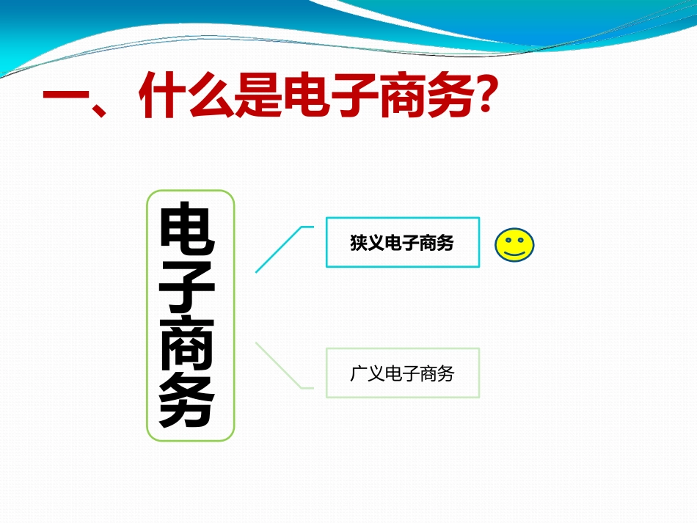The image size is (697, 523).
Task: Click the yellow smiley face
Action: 514,245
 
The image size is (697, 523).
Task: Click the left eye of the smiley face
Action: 507,239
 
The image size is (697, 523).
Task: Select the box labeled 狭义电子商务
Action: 402,243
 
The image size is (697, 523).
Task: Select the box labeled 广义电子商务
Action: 402,373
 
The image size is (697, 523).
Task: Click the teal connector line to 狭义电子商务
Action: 279,249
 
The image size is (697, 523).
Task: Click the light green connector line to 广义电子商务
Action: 279,365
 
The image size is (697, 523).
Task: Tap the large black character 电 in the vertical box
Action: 188,233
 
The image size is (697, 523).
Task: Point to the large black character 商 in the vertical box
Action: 188,345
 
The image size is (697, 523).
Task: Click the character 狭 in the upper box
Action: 358,244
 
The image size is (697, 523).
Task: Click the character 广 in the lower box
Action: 358,374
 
